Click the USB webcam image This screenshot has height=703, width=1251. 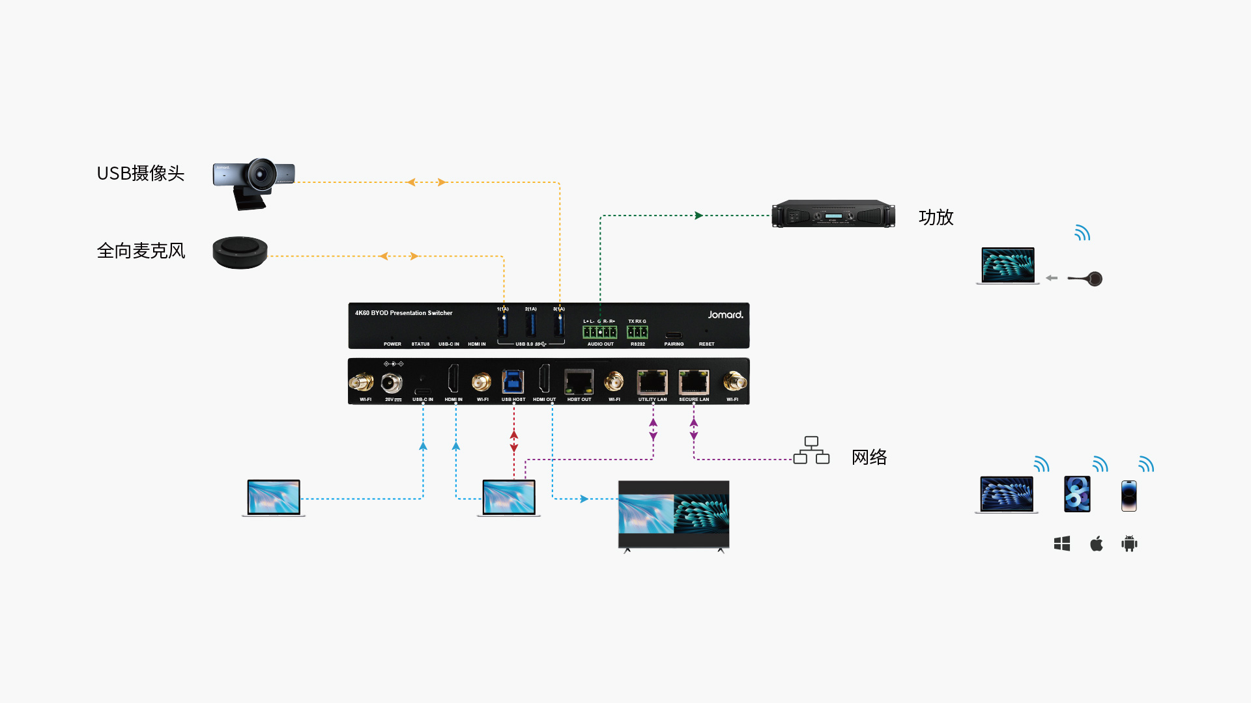[x=253, y=182]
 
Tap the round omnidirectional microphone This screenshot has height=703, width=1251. [x=240, y=253]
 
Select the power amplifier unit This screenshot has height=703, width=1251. [x=833, y=214]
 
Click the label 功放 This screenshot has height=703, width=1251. [x=936, y=217]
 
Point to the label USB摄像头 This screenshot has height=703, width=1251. [x=140, y=173]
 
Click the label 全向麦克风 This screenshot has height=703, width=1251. [x=141, y=251]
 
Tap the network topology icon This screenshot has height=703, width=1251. [x=811, y=450]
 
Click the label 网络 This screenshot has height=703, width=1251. [x=869, y=457]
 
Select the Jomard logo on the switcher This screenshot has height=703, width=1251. [x=725, y=314]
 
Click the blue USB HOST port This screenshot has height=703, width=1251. [x=513, y=381]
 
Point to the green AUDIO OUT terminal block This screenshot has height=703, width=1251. [x=599, y=332]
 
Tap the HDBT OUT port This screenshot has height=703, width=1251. [x=579, y=381]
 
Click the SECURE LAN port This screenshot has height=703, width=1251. [x=693, y=381]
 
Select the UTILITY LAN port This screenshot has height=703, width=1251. [x=652, y=381]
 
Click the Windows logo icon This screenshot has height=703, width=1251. [x=1062, y=544]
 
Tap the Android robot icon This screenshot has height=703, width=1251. [x=1129, y=544]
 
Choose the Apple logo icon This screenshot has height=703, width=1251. [x=1097, y=544]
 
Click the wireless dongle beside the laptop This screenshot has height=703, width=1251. [x=1087, y=279]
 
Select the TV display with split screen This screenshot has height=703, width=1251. [x=673, y=515]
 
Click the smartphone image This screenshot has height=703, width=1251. [x=1129, y=495]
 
